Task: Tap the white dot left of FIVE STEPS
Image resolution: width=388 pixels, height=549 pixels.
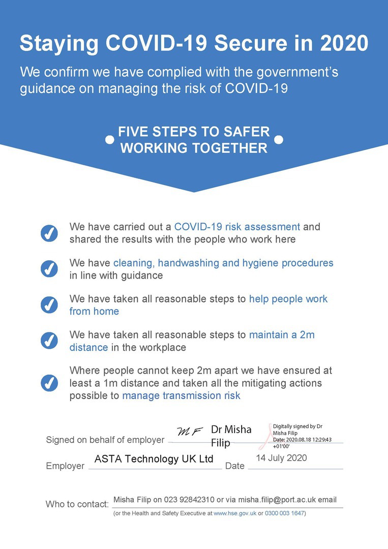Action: (109, 140)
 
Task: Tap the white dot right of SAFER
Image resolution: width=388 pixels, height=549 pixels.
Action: (278, 140)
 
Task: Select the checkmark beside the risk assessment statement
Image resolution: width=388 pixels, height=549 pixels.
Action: (49, 233)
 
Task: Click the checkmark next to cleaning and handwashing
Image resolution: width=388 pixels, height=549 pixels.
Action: (49, 269)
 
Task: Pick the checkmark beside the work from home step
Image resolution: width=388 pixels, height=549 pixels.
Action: (49, 304)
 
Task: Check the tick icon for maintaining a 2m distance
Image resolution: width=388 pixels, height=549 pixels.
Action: (49, 341)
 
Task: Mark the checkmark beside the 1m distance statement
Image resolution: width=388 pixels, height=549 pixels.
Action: (49, 382)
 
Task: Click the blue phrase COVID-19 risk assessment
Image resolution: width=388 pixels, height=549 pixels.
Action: (237, 227)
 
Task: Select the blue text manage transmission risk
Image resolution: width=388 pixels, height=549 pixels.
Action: (181, 395)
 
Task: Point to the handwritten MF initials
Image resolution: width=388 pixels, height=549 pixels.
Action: (190, 432)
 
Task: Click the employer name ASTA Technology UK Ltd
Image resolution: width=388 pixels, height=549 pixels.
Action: (154, 459)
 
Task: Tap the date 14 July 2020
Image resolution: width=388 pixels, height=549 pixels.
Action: (281, 458)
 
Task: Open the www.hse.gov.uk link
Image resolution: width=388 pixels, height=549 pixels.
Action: (234, 513)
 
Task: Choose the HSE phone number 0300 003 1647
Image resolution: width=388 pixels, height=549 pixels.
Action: (284, 513)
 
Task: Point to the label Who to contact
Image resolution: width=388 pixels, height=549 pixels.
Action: (77, 504)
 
